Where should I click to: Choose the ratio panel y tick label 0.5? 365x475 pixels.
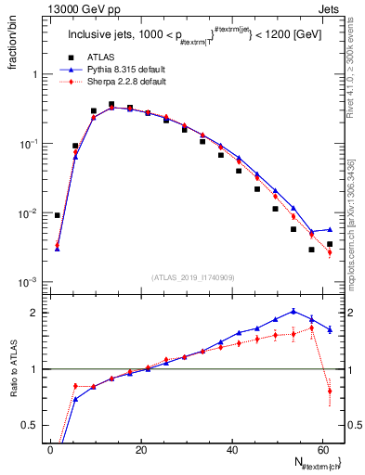point(31,425)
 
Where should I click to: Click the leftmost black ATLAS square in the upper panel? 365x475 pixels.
point(58,215)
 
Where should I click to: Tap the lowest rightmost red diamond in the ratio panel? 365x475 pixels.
point(330,392)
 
